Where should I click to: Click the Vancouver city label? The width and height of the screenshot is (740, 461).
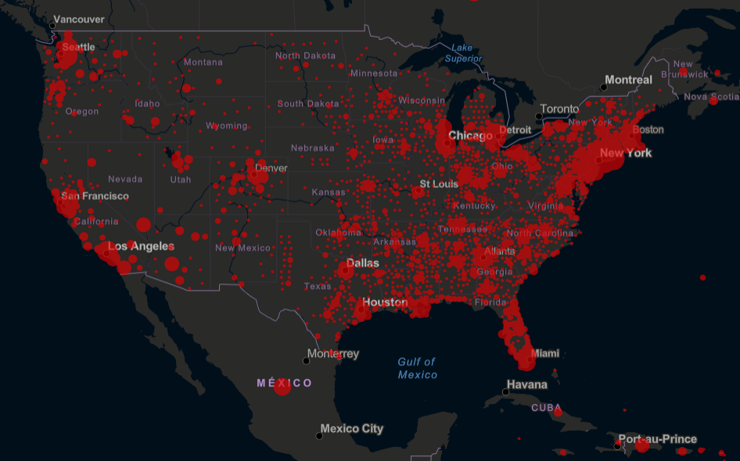coord(79,19)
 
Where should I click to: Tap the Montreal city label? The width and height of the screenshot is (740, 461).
coord(628,80)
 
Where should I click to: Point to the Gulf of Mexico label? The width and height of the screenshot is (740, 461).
coord(417,368)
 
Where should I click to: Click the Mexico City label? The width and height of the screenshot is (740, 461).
coord(351,428)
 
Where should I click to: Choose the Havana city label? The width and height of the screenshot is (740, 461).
coord(526,384)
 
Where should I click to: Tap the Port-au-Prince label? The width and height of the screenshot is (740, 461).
coord(657,438)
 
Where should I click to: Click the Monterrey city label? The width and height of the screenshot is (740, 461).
coord(332,353)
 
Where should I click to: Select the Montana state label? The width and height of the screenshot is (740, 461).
coord(203,63)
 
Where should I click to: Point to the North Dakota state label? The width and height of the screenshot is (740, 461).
coord(305,56)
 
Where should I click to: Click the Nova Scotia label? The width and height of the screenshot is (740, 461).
coord(711,97)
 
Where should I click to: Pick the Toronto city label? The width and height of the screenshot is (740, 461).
coord(559,109)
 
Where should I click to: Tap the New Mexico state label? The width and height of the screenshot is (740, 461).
coord(242,248)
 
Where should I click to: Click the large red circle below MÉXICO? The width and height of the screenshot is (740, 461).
coord(282,387)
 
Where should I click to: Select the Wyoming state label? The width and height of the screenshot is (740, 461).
coord(226,126)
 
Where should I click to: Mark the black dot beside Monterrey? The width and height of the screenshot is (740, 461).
coord(306,360)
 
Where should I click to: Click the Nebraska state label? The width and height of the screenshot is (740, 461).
coord(312,148)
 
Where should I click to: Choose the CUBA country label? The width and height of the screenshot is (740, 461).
coord(546,408)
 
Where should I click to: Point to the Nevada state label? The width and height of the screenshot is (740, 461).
coord(125,179)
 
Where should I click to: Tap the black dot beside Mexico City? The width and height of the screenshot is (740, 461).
coord(318,435)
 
